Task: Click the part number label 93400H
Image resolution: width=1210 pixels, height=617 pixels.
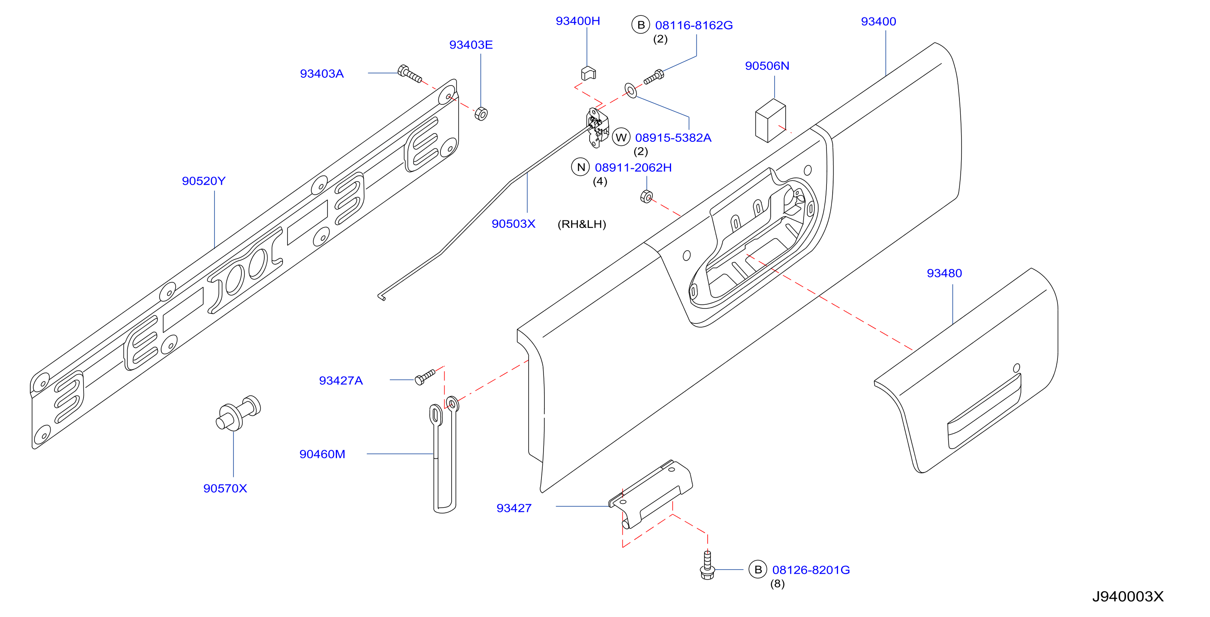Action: pos(578,21)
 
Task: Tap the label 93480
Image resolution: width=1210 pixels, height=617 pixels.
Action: pos(944,273)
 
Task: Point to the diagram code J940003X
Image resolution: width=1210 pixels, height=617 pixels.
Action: pos(1128,596)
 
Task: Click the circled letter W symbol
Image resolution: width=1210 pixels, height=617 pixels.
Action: pos(621,137)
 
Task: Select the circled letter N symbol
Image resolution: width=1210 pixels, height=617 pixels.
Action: pos(580,167)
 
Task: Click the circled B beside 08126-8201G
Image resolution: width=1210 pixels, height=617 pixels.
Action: pos(757,570)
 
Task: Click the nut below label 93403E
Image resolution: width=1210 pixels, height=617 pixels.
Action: pos(481,114)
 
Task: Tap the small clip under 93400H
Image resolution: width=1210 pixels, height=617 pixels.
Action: pos(588,73)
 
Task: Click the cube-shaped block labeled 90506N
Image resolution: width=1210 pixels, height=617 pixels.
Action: pos(770,120)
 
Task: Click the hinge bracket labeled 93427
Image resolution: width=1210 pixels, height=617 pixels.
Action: pos(651,494)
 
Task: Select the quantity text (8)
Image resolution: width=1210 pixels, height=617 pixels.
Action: pos(777,584)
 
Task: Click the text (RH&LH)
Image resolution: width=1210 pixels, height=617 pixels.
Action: pos(581,224)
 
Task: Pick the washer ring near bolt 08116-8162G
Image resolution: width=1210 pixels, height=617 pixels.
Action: pos(631,91)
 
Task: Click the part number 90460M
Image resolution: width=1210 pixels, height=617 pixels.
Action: pos(322,454)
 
